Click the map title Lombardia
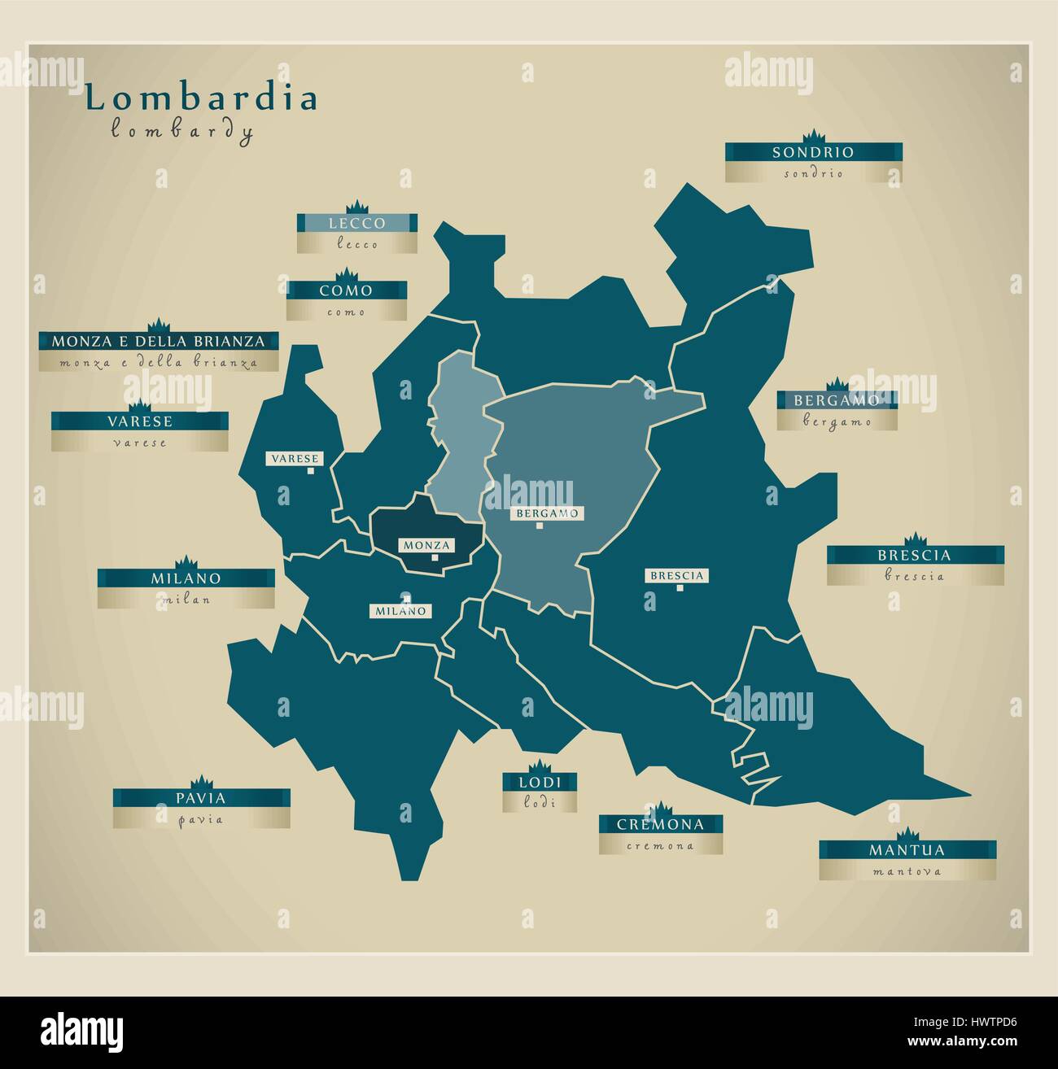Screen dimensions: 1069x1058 [202, 98]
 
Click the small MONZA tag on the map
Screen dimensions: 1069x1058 [426, 545]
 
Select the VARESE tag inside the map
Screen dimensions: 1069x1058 [295, 459]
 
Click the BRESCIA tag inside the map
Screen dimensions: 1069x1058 [677, 575]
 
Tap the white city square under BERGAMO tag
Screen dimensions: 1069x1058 [540, 526]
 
